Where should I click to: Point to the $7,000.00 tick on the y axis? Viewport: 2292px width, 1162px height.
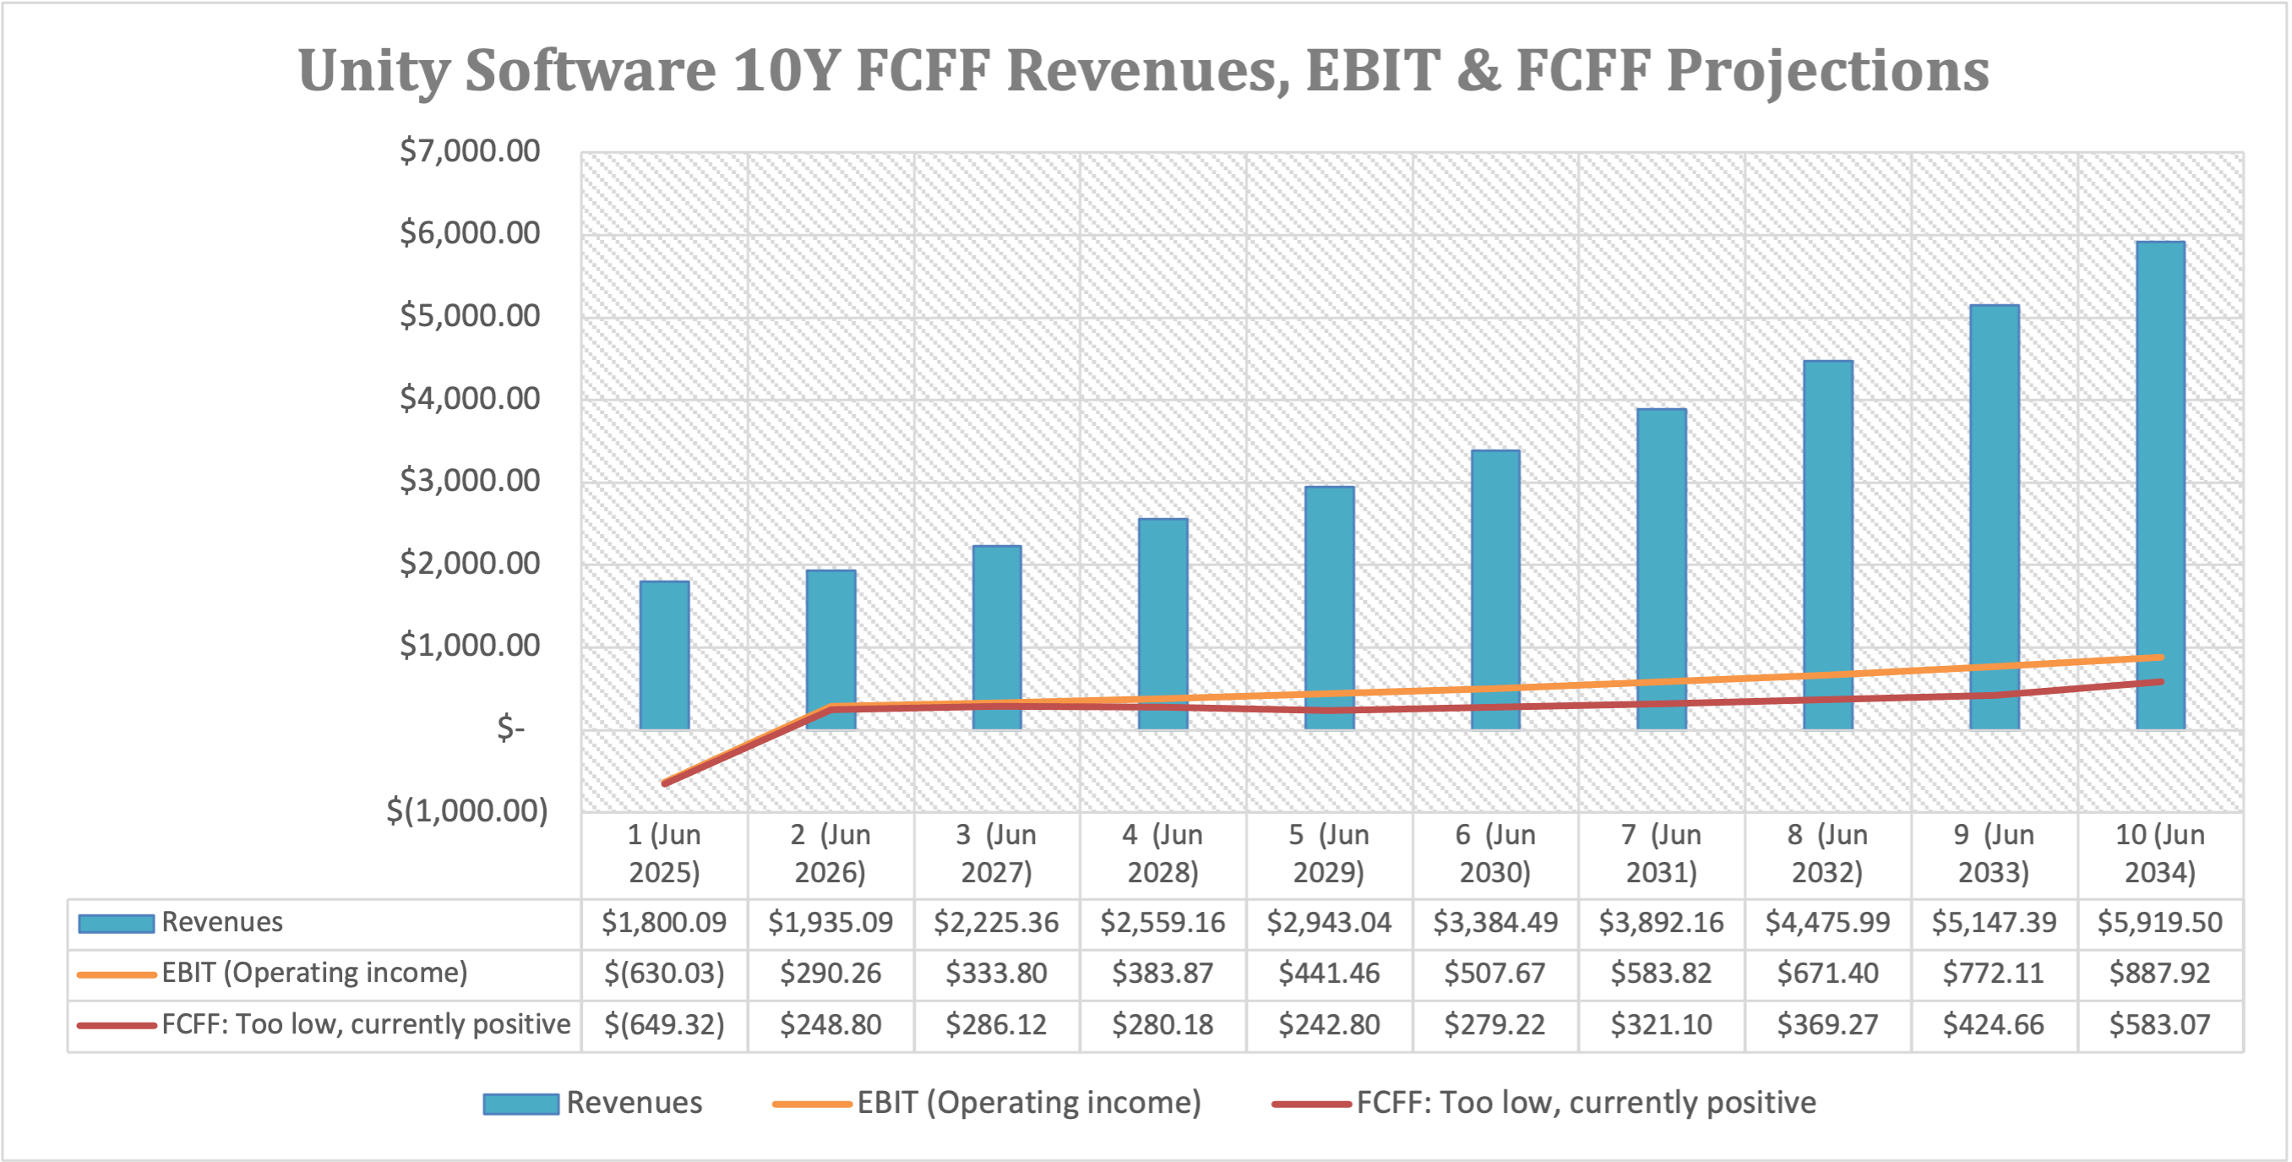tap(470, 150)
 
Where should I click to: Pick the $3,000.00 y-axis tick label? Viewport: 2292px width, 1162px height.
tap(470, 481)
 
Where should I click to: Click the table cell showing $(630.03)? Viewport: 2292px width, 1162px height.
tap(665, 973)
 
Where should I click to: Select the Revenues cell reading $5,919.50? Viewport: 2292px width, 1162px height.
tap(2160, 922)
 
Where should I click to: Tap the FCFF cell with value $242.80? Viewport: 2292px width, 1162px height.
tap(1329, 1024)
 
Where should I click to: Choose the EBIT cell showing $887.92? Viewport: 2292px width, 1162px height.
tap(2160, 973)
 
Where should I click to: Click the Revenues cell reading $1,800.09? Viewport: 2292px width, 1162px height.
tap(665, 922)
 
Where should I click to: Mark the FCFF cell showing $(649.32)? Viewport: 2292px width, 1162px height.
tap(665, 1024)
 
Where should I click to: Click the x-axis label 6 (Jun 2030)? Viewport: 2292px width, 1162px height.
tap(1495, 854)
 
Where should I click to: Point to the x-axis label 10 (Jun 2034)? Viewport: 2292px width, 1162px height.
tap(2160, 854)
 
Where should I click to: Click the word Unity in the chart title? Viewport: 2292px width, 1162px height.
tap(373, 71)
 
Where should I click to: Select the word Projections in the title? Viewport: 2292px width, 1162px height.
tap(1827, 71)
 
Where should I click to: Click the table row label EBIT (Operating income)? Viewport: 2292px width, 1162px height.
tap(314, 973)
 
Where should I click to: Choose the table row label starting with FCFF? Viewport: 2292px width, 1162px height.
tap(365, 1024)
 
